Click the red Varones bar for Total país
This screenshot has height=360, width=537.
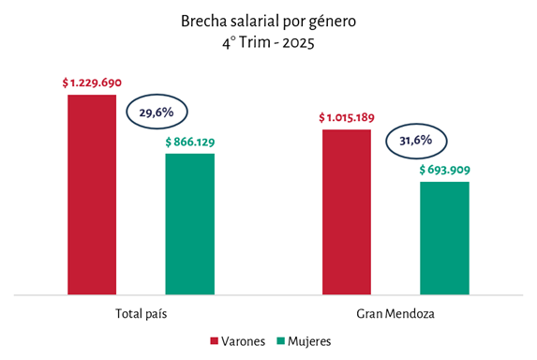click(x=92, y=195)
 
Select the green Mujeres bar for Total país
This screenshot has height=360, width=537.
click(x=190, y=224)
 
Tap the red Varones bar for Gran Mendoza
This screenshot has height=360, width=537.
click(x=347, y=212)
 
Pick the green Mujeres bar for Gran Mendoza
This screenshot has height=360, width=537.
click(x=444, y=238)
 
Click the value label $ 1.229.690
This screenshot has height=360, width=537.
click(x=92, y=82)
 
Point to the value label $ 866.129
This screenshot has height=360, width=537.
click(x=190, y=142)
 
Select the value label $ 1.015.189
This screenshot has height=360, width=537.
click(x=347, y=117)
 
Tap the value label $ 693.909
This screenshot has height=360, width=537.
click(x=444, y=170)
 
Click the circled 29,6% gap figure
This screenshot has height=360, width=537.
click(x=157, y=112)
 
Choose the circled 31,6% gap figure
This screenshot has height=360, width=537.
click(x=416, y=141)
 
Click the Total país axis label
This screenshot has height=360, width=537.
click(x=142, y=313)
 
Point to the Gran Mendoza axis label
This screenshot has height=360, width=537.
click(x=395, y=313)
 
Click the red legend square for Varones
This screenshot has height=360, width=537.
click(x=214, y=341)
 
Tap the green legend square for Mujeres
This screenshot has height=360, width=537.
click(x=281, y=341)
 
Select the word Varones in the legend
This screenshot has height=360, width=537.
click(x=243, y=341)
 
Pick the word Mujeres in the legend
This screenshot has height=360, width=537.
click(x=309, y=341)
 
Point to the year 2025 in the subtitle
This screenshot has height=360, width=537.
click(x=298, y=43)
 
